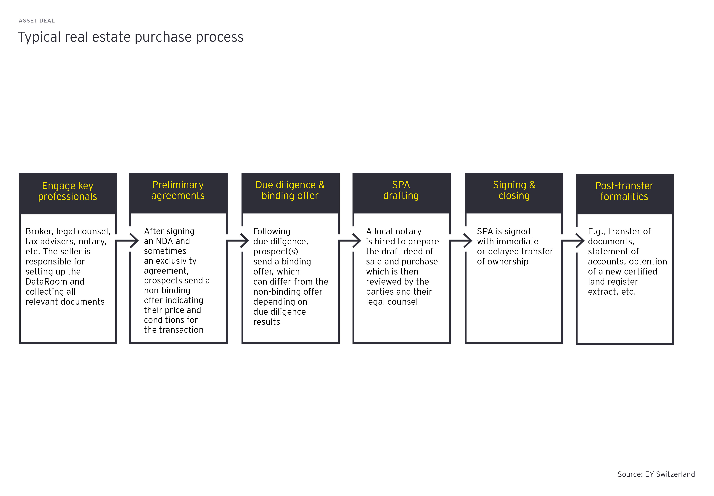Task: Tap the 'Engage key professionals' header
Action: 67,191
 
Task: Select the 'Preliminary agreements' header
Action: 178,190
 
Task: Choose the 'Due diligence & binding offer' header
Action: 290,190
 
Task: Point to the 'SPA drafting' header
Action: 401,190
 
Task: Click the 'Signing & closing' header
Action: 514,190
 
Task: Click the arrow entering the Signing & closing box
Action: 463,240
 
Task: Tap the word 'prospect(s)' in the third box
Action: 276,251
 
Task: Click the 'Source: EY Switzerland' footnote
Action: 656,474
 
